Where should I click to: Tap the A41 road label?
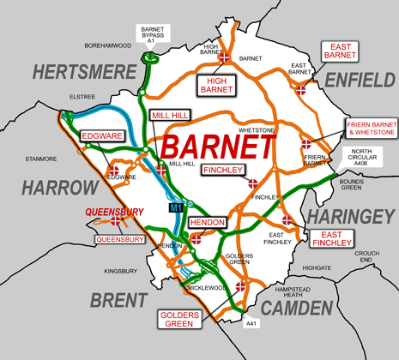tap(251, 324)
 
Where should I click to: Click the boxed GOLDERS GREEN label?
tap(181, 318)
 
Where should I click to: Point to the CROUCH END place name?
tap(369, 256)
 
